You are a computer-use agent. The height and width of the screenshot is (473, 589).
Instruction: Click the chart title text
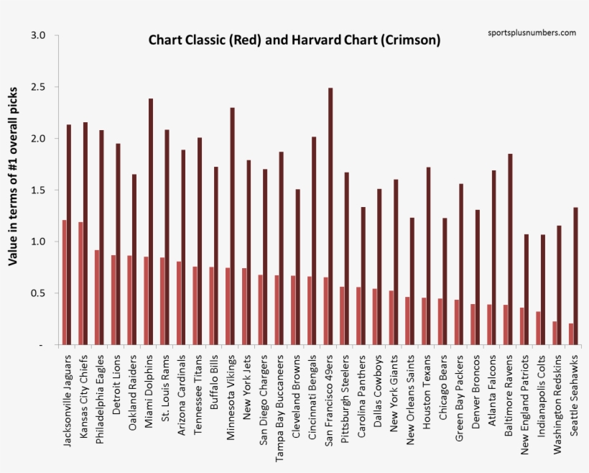click(x=294, y=40)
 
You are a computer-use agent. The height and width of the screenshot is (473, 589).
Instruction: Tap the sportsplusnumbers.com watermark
click(x=532, y=32)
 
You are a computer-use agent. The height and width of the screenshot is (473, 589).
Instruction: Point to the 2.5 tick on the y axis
click(x=39, y=87)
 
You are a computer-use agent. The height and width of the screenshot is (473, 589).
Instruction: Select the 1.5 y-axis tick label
click(x=39, y=190)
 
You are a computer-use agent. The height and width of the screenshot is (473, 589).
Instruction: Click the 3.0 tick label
click(x=39, y=35)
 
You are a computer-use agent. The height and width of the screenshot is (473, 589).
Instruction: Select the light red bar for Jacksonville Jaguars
click(x=65, y=283)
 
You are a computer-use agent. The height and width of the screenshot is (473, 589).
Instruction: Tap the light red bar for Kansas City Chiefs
click(x=80, y=283)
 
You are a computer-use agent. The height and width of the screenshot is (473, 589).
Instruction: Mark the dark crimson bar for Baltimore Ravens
click(x=510, y=249)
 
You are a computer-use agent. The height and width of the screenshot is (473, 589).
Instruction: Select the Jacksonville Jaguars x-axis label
click(x=68, y=400)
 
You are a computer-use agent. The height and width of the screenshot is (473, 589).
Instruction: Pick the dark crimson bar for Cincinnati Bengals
click(x=313, y=240)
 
